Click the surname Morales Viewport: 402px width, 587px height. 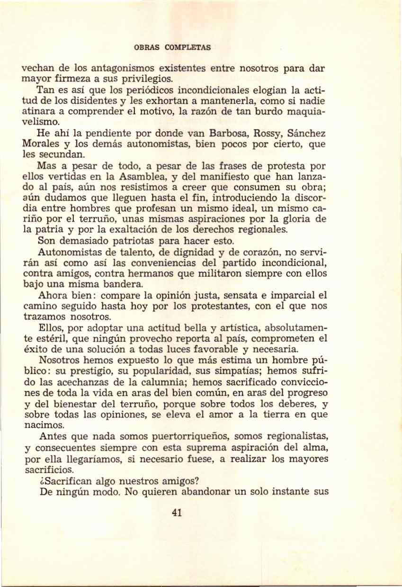[41, 144]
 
